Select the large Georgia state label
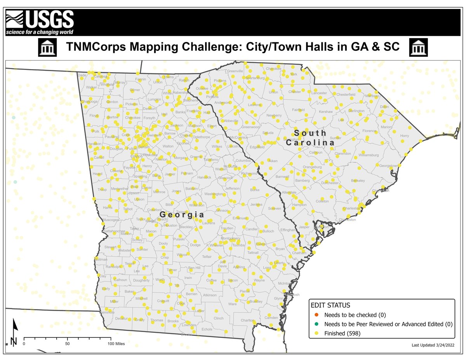tap(182, 214)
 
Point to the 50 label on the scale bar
tap(67, 344)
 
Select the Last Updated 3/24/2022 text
tap(433, 345)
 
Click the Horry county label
tap(405, 136)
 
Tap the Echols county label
tap(207, 329)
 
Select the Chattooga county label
tap(89, 102)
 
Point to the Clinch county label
tap(218, 318)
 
